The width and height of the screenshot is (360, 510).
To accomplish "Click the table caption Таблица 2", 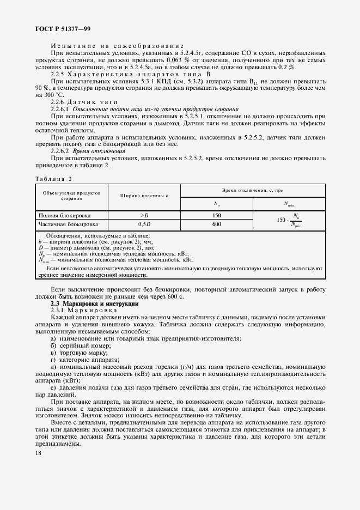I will (53, 179).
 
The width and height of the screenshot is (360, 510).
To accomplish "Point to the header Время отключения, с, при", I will (253, 189).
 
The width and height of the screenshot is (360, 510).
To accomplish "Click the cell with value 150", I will (216, 215).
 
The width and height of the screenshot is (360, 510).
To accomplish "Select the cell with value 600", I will (216, 224).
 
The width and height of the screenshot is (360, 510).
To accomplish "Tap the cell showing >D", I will (144, 215).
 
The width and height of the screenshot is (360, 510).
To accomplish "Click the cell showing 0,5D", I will (144, 224).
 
